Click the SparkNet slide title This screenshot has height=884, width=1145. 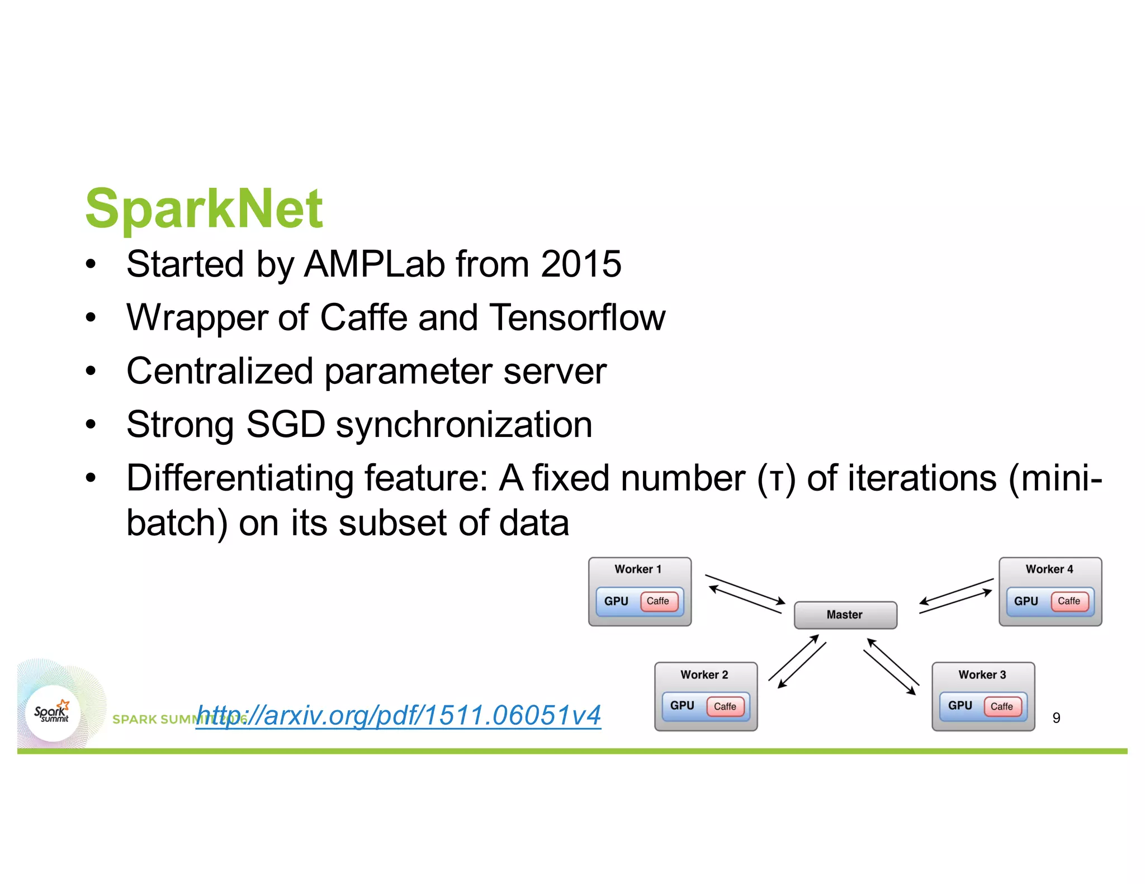tap(204, 209)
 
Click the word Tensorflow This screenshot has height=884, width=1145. tap(577, 317)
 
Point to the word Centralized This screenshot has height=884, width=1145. tap(220, 371)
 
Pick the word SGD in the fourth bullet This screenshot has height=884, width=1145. tap(285, 425)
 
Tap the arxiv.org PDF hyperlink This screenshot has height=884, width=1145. tap(399, 715)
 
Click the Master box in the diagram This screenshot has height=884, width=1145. tap(845, 615)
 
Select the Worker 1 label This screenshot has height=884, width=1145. tap(638, 569)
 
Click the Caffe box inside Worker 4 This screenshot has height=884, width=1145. tap(1068, 601)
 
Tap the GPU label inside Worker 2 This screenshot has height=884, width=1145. tap(682, 706)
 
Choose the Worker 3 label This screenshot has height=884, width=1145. tap(982, 674)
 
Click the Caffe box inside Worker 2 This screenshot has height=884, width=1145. tap(725, 706)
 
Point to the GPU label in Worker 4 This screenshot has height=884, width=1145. tap(1026, 601)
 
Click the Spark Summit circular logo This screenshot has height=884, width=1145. tap(53, 713)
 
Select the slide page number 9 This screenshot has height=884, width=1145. tap(1056, 718)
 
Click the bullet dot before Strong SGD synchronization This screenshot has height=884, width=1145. tap(91, 425)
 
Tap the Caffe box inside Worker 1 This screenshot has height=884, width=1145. tap(657, 601)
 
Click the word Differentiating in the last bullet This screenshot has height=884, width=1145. tap(240, 479)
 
